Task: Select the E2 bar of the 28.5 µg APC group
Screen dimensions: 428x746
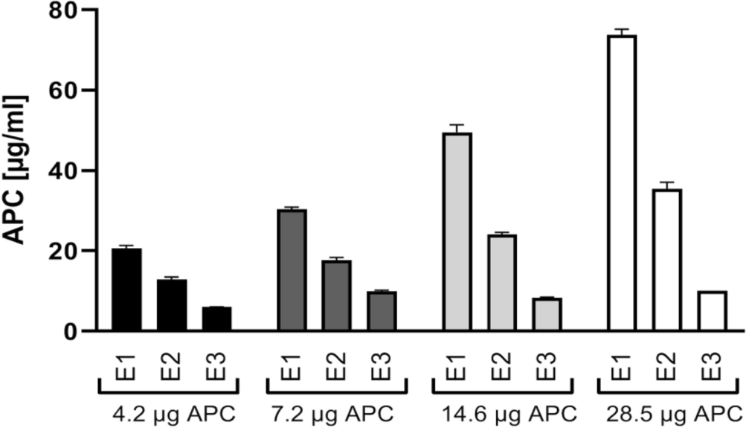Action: tap(667, 261)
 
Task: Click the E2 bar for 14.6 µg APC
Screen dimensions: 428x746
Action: tap(502, 283)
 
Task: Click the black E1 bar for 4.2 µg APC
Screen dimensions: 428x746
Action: tap(126, 290)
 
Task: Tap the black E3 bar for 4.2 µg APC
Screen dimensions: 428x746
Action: tap(216, 319)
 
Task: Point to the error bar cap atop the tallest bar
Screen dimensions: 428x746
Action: tap(622, 29)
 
